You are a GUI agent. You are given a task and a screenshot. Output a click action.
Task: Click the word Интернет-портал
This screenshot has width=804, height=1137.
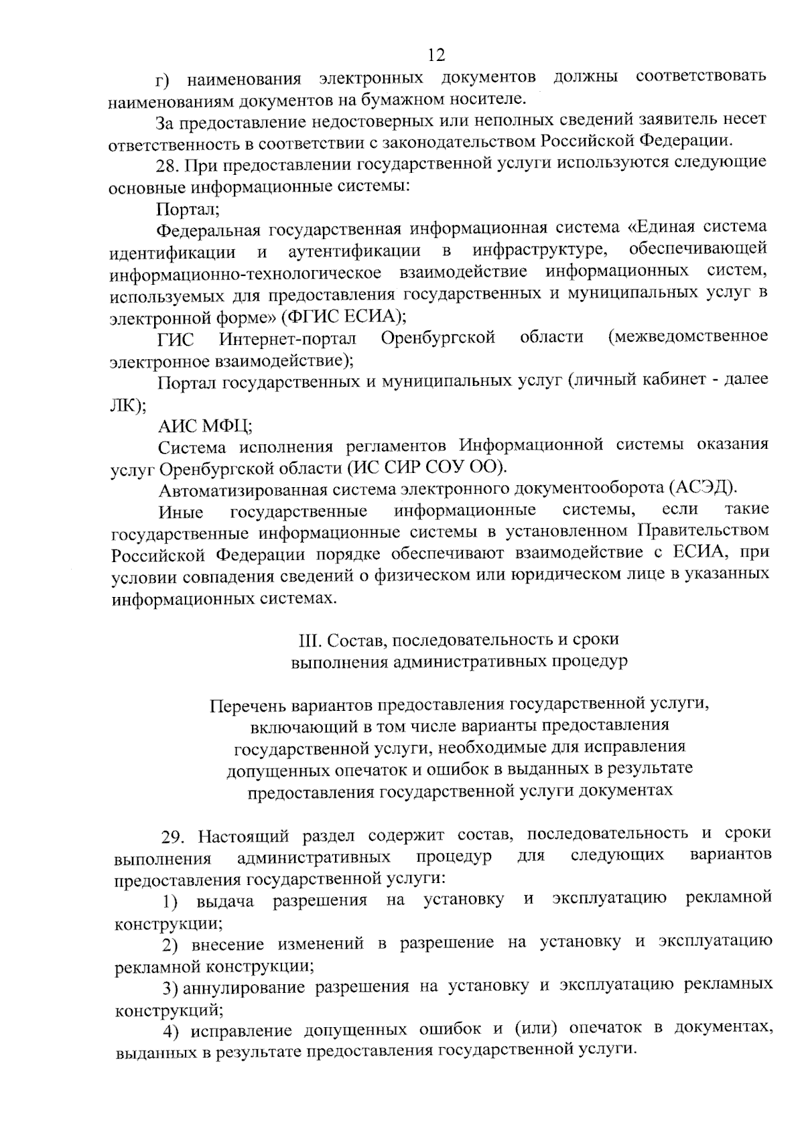(287, 338)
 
